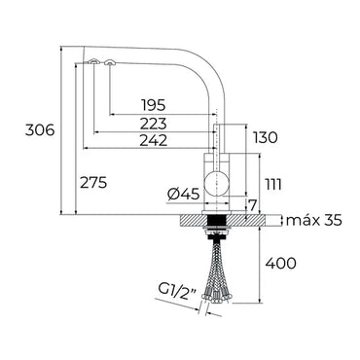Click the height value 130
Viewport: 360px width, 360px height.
(266, 138)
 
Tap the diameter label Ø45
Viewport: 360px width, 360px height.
(184, 195)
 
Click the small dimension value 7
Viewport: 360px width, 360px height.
(251, 204)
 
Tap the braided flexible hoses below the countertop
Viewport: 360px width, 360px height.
(215, 272)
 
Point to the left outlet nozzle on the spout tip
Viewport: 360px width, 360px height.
(93, 64)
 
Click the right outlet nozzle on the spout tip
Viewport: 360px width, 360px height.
(109, 65)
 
